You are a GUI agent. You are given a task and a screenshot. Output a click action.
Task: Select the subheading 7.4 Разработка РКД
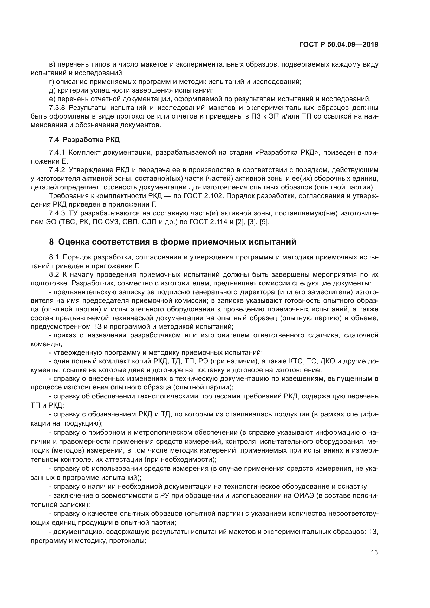pyautogui.click(x=84, y=140)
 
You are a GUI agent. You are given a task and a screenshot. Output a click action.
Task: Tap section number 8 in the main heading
pyautogui.click(x=51, y=242)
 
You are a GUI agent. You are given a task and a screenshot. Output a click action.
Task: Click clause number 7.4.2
pyautogui.click(x=57, y=170)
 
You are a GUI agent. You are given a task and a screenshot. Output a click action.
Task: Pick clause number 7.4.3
pyautogui.click(x=57, y=213)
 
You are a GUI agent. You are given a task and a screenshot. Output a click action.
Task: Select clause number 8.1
pyautogui.click(x=54, y=257)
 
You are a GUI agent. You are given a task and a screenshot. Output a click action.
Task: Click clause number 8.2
pyautogui.click(x=54, y=274)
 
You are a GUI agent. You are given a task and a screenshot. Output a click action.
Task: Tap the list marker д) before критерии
pyautogui.click(x=52, y=90)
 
